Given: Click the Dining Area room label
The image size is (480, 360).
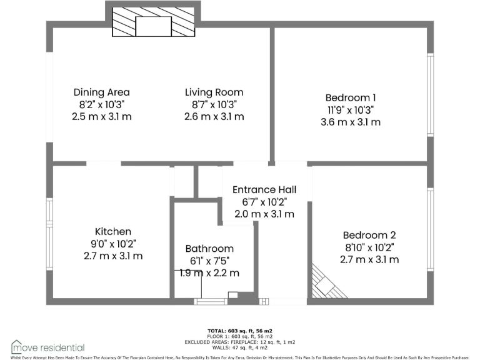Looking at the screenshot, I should pyautogui.click(x=102, y=92).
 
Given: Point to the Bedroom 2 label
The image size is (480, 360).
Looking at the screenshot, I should pyautogui.click(x=369, y=235).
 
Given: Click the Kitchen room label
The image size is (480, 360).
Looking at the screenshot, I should pyautogui.click(x=113, y=231).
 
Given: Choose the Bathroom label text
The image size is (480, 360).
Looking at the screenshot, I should pyautogui.click(x=209, y=249).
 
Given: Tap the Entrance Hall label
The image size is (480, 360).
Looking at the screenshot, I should pyautogui.click(x=264, y=189).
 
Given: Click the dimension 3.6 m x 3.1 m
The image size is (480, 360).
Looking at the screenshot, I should pyautogui.click(x=351, y=122).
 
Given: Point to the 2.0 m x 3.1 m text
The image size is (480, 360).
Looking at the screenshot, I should pyautogui.click(x=264, y=214).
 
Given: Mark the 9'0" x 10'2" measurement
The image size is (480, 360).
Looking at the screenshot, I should pyautogui.click(x=113, y=244).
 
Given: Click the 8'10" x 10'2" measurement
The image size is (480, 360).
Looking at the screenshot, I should pyautogui.click(x=369, y=247).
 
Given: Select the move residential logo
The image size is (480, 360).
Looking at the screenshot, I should pyautogui.click(x=48, y=347).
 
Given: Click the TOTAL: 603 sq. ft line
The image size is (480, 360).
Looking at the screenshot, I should pyautogui.click(x=240, y=330).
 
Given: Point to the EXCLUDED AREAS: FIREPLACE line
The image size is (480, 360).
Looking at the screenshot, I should pyautogui.click(x=240, y=342).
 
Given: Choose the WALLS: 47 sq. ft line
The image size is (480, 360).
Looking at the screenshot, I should pyautogui.click(x=240, y=347).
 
